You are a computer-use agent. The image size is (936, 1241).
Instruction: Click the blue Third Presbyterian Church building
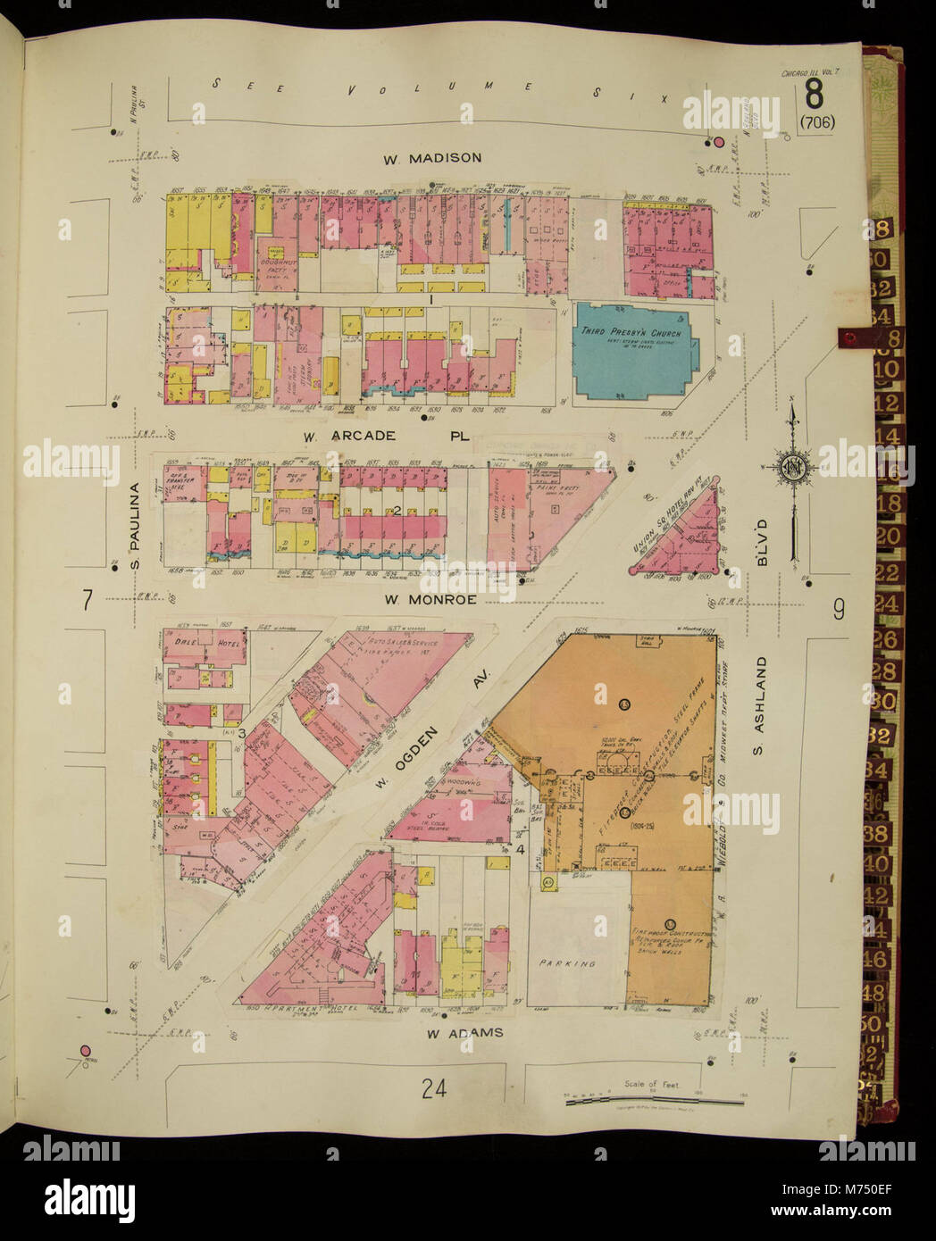coord(632,351)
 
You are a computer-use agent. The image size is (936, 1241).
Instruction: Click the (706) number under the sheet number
coord(817,123)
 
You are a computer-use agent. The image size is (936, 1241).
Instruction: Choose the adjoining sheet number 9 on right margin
coord(839,610)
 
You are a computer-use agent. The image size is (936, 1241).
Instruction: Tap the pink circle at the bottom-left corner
coord(87,1051)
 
